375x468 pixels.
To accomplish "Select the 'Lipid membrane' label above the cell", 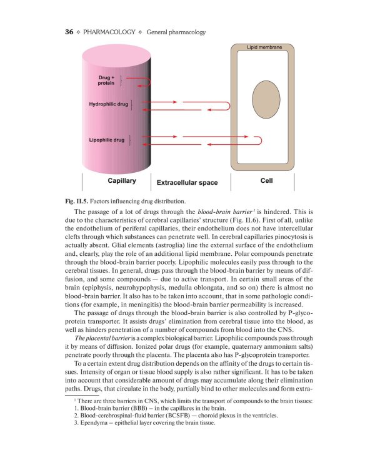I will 264,47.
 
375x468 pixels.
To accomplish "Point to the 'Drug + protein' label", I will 106,80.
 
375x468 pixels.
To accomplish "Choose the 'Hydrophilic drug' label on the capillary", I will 108,104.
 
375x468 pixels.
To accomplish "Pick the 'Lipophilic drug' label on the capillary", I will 106,140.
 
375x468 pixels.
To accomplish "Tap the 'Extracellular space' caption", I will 187,183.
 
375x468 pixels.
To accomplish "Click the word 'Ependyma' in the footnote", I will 92,423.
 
